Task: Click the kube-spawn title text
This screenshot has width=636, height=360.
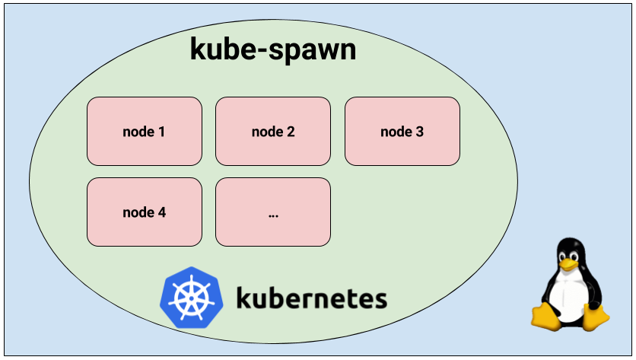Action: point(272,50)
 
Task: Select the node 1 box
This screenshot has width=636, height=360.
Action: point(145,131)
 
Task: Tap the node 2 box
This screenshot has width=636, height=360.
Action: point(273,131)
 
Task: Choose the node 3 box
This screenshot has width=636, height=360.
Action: point(402,131)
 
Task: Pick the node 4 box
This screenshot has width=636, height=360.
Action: point(145,212)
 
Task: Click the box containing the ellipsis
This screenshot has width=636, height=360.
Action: point(273,212)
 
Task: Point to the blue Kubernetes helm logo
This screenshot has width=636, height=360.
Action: point(186,298)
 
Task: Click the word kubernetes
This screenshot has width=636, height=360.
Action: point(310,298)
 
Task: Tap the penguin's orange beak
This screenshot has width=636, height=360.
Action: point(569,261)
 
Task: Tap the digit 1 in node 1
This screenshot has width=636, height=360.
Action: point(161,132)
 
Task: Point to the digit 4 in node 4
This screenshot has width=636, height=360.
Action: point(161,212)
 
